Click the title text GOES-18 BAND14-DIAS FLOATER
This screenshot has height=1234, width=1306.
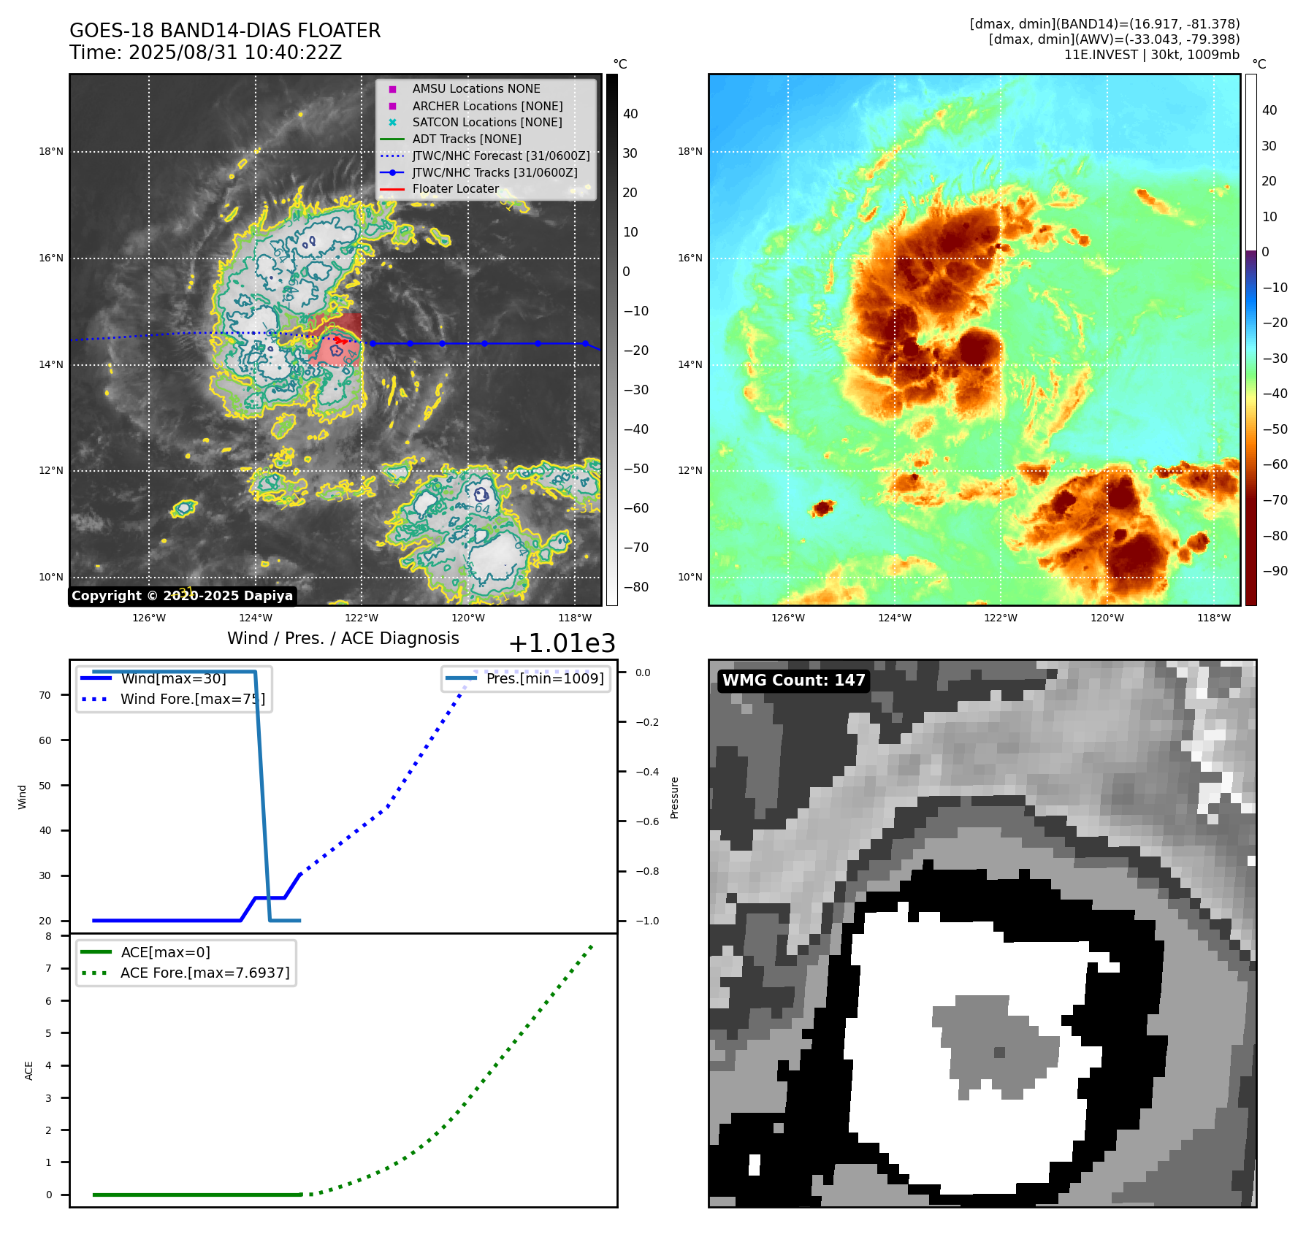[x=225, y=31]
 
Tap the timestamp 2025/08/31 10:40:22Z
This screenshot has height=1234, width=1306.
[x=234, y=53]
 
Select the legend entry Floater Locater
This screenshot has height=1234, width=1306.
[x=455, y=188]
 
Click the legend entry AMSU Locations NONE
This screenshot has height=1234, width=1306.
[x=476, y=88]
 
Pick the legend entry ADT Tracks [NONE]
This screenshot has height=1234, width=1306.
[x=467, y=139]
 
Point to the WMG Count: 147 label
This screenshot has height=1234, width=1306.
[x=793, y=681]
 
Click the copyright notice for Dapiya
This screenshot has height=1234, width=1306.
[x=182, y=596]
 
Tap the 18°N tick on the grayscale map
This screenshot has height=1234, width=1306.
[x=51, y=152]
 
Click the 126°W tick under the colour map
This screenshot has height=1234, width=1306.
[x=788, y=618]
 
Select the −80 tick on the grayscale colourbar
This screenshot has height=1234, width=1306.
[x=635, y=587]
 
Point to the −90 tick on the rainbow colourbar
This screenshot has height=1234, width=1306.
[x=1275, y=571]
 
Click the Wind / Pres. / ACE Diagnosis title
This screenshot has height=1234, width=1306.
[x=343, y=638]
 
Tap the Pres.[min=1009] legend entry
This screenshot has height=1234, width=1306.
[x=545, y=678]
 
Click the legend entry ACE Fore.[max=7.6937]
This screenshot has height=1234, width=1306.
[x=205, y=973]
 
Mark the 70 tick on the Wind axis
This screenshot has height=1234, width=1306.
[x=45, y=695]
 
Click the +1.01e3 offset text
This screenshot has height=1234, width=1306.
[x=561, y=643]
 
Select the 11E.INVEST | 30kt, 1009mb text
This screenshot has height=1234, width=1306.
[x=1151, y=55]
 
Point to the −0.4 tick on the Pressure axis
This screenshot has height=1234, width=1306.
[x=646, y=772]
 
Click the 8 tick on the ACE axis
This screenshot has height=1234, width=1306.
[x=49, y=936]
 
